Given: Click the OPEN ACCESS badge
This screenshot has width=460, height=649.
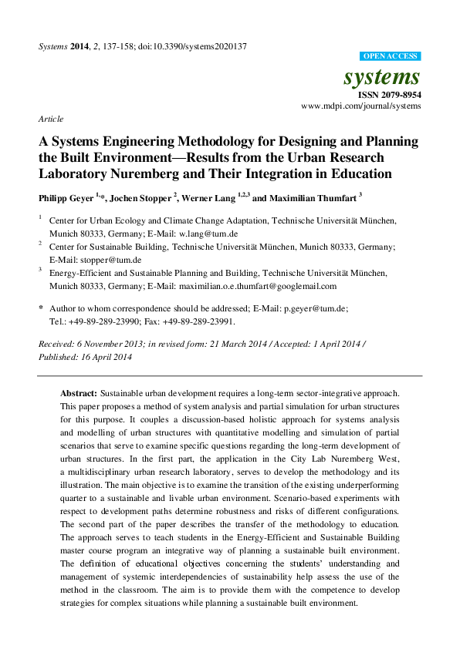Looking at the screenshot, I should (x=390, y=56).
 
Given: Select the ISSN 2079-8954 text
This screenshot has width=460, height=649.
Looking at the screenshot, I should (x=391, y=94).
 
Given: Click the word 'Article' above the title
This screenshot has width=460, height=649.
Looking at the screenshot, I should (x=50, y=119).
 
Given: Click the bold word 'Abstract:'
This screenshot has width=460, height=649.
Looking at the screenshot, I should (x=79, y=392).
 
